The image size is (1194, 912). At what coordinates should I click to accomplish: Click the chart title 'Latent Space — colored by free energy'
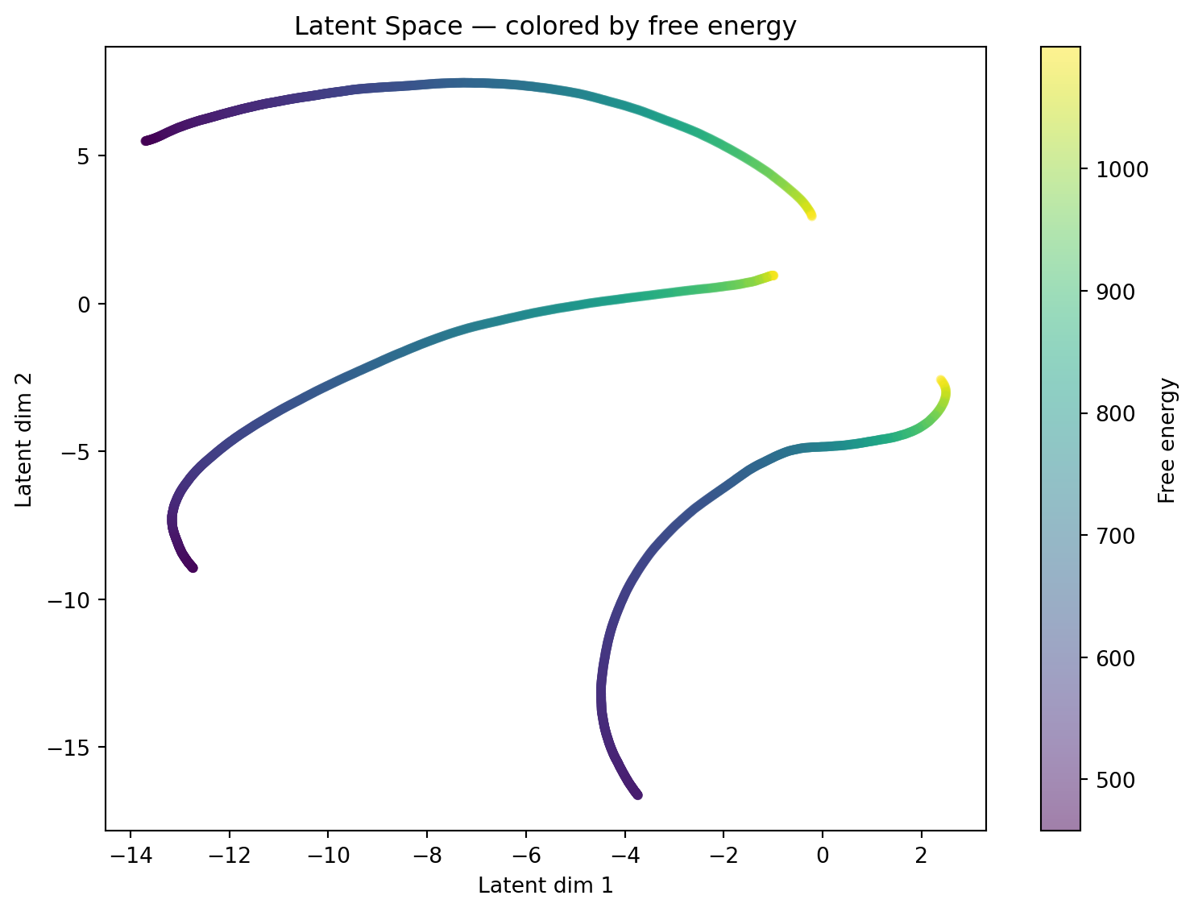click(x=545, y=27)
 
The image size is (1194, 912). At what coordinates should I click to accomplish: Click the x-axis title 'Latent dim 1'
click(x=545, y=885)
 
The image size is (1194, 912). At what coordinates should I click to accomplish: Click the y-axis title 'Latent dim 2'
click(x=25, y=439)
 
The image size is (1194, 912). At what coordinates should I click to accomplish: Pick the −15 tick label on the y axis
click(x=77, y=748)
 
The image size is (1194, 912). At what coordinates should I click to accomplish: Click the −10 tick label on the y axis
click(x=77, y=600)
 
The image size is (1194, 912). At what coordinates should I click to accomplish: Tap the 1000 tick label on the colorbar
click(x=1117, y=170)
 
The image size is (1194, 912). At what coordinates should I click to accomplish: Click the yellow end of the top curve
click(x=811, y=215)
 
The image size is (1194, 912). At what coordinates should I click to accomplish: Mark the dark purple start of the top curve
click(x=146, y=141)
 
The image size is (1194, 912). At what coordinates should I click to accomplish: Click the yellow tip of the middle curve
click(x=773, y=276)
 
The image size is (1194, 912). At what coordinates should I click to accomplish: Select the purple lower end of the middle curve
click(x=193, y=568)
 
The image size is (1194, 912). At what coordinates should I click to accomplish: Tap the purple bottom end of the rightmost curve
click(x=638, y=795)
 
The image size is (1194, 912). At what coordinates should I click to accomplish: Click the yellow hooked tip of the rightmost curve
click(x=941, y=379)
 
